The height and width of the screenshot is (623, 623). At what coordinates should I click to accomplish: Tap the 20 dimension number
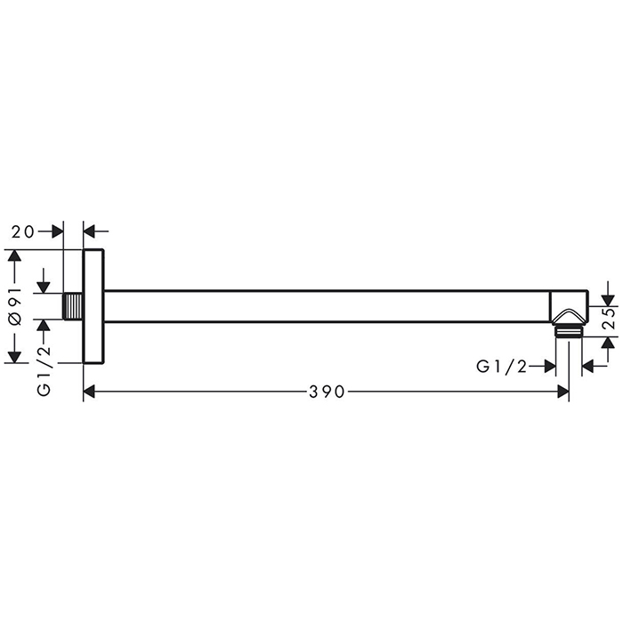coord(24,231)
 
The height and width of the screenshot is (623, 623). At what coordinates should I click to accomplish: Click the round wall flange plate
coord(93,306)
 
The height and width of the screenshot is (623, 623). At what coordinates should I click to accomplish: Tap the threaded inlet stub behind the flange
coord(75,306)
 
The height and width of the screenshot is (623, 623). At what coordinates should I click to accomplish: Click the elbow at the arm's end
coord(569,308)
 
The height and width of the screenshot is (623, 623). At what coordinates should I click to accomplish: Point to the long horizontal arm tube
coord(329,306)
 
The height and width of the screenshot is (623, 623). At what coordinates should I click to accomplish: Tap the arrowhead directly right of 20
coord(58,231)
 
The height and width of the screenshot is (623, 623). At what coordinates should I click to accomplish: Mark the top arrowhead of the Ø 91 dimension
coord(13,256)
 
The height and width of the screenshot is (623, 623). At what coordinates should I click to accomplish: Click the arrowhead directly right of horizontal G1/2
coord(549,366)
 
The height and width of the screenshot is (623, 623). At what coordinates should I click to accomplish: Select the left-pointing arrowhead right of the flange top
coord(90,231)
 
